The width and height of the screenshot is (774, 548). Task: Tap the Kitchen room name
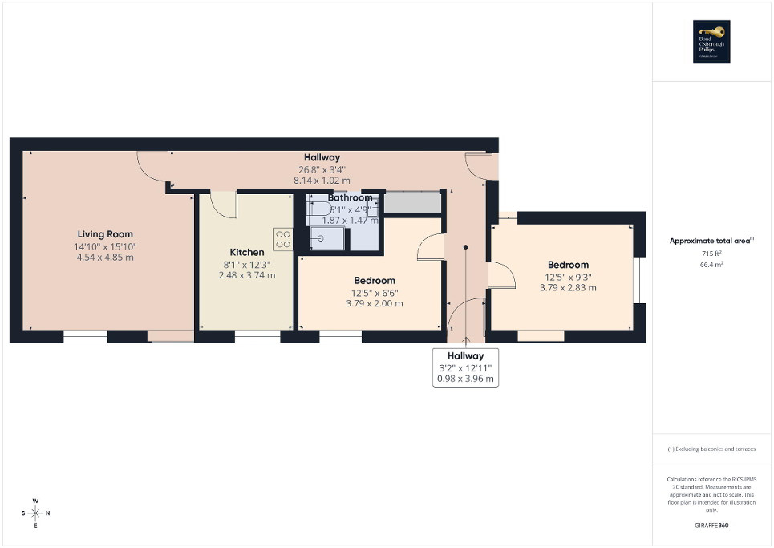[247, 252]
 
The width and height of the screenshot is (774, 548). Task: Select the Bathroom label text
[350, 197]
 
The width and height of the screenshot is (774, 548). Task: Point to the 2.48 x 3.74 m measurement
[247, 275]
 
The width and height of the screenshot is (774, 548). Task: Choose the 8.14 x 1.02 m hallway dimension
[322, 181]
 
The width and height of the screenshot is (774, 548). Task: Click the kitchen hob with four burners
[283, 239]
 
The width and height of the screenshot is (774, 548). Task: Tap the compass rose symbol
[35, 513]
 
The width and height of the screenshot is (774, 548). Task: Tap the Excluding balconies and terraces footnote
[711, 449]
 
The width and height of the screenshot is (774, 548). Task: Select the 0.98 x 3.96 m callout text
[466, 379]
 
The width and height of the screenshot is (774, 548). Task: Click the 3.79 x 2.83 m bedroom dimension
[568, 288]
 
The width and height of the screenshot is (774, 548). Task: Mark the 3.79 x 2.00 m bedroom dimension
[375, 304]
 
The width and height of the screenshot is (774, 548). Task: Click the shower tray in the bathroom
[326, 240]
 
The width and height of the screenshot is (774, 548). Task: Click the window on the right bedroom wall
[639, 280]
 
